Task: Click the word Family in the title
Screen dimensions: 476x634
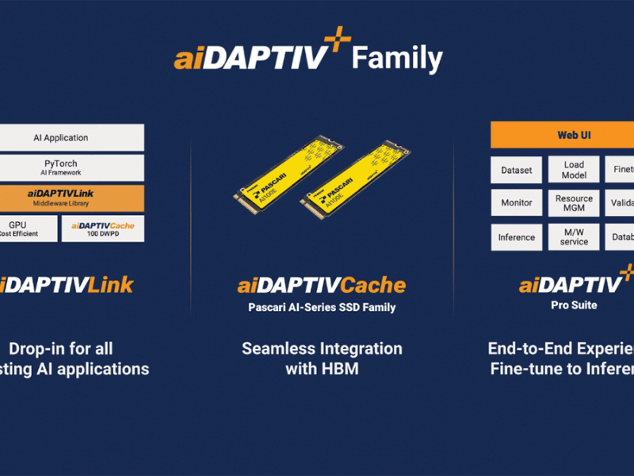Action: coord(396,59)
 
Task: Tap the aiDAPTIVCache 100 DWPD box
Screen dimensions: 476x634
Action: coord(103,228)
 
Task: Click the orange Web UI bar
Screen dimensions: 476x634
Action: coord(562,135)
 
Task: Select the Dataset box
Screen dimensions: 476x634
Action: coord(517,169)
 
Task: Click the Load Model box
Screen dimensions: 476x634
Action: coord(574,169)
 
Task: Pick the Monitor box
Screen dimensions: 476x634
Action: coord(517,203)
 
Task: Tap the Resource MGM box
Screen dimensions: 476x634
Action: coord(574,203)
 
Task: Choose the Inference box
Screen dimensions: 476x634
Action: coord(517,237)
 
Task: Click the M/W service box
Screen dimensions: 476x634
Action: coord(574,237)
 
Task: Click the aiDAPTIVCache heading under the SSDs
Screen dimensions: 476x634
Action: coord(321,285)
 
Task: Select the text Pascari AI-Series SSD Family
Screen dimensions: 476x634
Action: coord(321,306)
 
